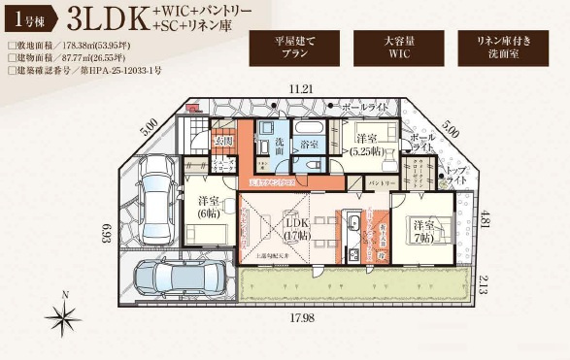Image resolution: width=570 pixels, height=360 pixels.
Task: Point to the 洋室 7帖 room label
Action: point(423,230)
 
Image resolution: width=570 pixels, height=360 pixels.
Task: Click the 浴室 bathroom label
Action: point(311,146)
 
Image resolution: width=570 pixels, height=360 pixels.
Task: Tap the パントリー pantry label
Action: point(382,183)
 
